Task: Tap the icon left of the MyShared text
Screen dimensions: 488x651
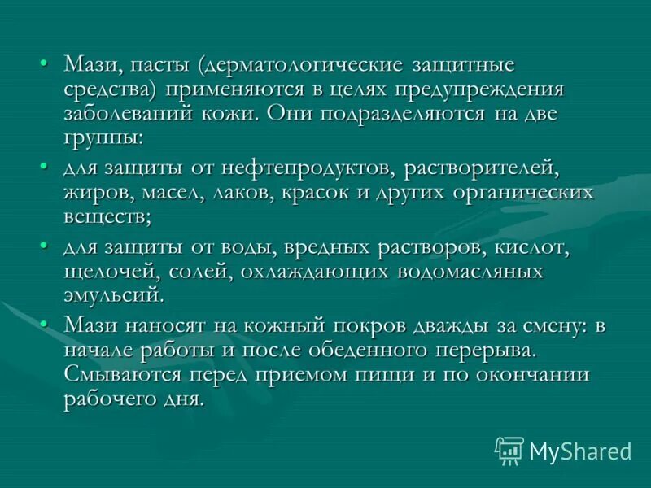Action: [x=509, y=450]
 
